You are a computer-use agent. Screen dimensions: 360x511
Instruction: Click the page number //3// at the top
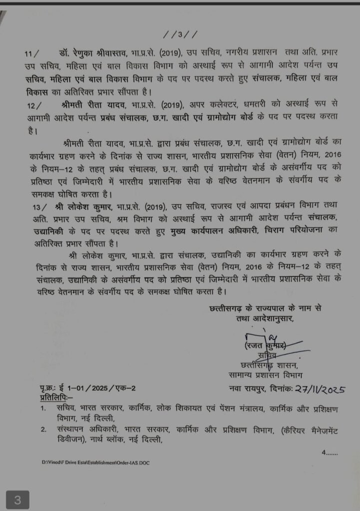click(x=180, y=35)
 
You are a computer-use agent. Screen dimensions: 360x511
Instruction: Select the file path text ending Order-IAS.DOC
click(x=96, y=463)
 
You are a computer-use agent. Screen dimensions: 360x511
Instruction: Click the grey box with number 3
click(x=17, y=500)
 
